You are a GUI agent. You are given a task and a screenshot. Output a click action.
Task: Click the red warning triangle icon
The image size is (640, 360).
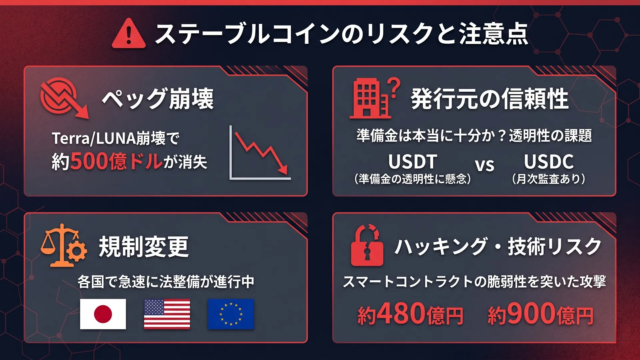[x=129, y=34]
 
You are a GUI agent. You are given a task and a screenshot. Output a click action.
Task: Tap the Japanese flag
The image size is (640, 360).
[x=103, y=314]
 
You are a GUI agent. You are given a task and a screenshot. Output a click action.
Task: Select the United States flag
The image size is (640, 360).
[x=167, y=314]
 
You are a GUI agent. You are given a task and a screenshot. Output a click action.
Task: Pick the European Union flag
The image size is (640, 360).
[x=231, y=314]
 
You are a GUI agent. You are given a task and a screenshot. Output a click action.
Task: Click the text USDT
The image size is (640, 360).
[x=413, y=162]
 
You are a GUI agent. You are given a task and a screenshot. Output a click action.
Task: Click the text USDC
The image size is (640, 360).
[x=549, y=162]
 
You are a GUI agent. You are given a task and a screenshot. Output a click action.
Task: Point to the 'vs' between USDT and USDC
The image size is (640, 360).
[x=484, y=165]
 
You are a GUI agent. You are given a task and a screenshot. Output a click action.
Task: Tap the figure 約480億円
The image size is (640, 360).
[x=410, y=314]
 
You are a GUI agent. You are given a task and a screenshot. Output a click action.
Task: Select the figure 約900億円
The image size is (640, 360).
[x=541, y=314]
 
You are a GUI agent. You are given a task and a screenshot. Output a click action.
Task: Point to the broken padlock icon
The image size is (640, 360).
[x=367, y=246]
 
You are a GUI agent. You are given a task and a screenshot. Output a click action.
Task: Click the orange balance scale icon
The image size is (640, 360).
[x=63, y=246]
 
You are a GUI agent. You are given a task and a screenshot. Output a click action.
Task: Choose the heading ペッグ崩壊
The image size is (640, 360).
[x=158, y=99]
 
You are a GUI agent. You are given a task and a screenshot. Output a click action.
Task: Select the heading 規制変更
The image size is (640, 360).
[x=144, y=247]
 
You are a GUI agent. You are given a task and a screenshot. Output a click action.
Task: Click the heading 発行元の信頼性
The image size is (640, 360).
[x=490, y=99]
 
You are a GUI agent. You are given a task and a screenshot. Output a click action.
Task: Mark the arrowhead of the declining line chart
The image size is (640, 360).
[x=283, y=170]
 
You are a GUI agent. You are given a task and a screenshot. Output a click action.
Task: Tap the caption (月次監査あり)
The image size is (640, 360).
[x=549, y=179]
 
